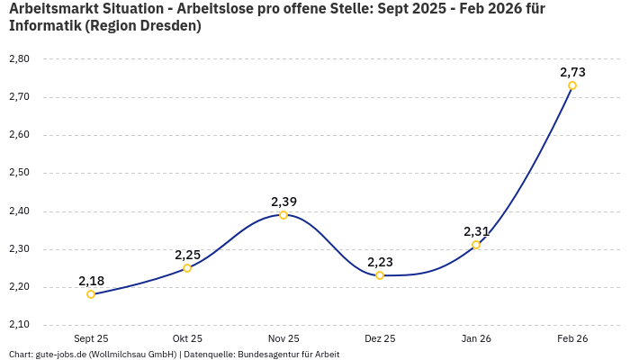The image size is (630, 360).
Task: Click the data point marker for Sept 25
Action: pos(91,294)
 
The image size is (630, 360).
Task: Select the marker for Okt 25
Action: pos(187,268)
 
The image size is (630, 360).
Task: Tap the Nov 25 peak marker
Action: pos(283,215)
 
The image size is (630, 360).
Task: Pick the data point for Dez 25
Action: pos(380,275)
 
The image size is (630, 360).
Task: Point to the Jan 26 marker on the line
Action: pos(476,245)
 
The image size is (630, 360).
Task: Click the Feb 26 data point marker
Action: pos(572,85)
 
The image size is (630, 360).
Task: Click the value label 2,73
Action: pos(572,72)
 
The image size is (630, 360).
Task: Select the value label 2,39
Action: pos(283,202)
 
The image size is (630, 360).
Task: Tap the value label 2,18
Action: pos(91,281)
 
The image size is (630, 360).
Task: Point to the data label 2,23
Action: pos(380,262)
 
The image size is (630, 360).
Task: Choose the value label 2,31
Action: pos(476,231)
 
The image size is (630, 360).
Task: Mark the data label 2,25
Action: pos(187,255)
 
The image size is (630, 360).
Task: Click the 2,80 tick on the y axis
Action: pos(19,58)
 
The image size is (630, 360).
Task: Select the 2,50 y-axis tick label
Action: pos(19,173)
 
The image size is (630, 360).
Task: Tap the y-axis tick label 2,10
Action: pos(19,325)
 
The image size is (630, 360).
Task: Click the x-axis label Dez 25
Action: pos(380,338)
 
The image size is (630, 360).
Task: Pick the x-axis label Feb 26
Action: pos(572,338)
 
